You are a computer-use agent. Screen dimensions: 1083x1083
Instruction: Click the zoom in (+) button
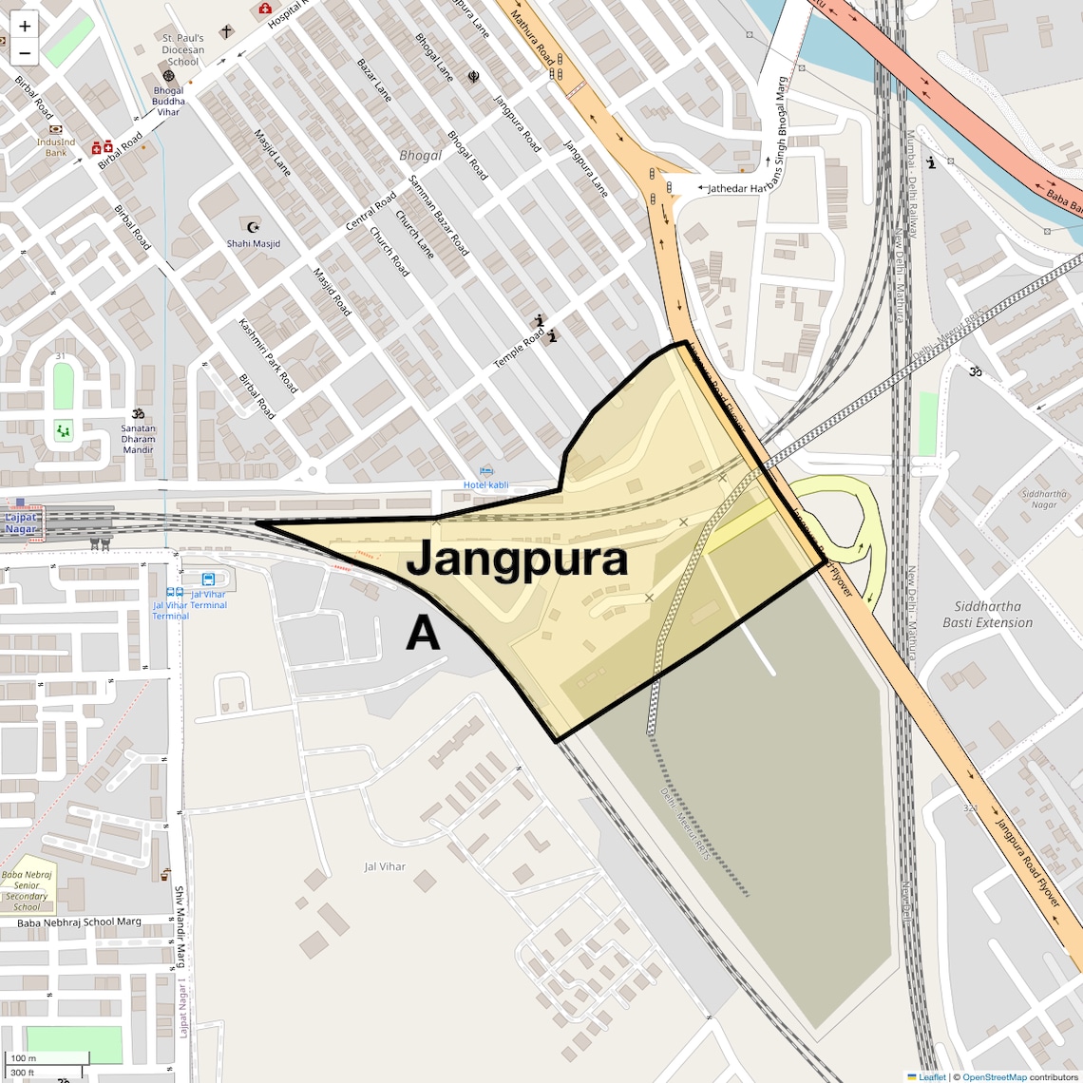[25, 27]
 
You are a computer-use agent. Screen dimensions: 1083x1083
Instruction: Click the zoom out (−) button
[25, 53]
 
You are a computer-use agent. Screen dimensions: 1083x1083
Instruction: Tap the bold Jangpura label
[517, 559]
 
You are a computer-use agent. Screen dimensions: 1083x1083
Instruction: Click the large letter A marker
[423, 634]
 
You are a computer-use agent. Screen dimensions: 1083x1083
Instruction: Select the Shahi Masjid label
[254, 243]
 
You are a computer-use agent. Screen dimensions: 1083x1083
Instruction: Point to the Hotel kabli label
[485, 484]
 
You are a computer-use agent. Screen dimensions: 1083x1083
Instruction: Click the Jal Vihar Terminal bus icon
[208, 579]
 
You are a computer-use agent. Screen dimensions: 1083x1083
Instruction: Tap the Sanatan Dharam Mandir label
[138, 439]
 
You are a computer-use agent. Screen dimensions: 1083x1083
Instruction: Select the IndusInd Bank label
[56, 147]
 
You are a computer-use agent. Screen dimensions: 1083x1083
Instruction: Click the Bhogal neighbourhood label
[420, 155]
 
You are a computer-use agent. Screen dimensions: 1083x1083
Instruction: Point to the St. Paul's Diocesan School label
[182, 50]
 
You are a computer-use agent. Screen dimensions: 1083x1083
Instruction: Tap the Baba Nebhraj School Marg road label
[79, 921]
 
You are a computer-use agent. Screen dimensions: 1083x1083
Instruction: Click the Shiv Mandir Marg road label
[179, 926]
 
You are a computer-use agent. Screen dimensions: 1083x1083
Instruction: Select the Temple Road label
[519, 349]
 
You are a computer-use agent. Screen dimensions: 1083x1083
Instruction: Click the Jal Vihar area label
[385, 866]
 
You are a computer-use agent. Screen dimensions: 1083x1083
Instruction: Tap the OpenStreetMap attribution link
[994, 1077]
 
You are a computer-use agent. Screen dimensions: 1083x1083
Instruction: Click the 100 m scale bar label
[23, 1058]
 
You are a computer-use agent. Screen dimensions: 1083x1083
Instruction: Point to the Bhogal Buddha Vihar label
[168, 102]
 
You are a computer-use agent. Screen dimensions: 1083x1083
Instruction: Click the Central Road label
[370, 211]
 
